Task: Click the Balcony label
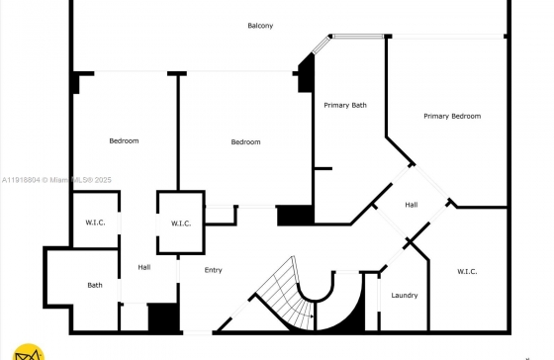point(260,26)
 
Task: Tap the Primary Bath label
point(345,105)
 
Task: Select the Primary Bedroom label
point(452,116)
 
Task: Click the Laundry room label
point(405,295)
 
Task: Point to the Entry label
point(213,270)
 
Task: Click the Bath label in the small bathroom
point(95,285)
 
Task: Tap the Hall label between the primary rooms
point(412,205)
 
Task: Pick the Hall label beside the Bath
point(144,267)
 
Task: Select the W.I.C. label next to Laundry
point(467,271)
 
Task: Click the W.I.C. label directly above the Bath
point(95,223)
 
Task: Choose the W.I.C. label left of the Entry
point(181,224)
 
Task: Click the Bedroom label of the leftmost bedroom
point(124,140)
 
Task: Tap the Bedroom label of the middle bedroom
point(246,141)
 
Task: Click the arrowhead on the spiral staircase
point(312,316)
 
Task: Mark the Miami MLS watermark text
point(56,180)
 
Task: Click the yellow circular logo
point(29,352)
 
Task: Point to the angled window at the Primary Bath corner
point(321,45)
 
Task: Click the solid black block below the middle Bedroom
point(296,216)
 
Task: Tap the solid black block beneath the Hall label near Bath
point(163,317)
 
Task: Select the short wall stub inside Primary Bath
point(323,168)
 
